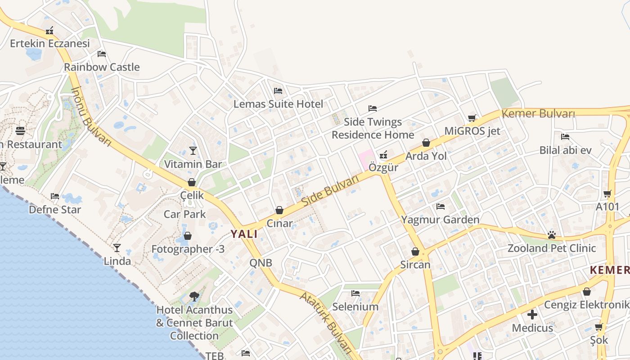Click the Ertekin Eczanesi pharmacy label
(50, 44)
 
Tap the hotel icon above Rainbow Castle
(102, 54)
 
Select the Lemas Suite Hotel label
(278, 104)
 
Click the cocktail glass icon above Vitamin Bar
(193, 150)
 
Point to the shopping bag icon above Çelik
(192, 182)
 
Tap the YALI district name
(244, 234)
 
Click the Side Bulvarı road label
(330, 191)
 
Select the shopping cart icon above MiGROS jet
(472, 118)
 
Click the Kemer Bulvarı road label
(538, 113)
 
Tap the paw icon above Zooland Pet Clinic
(552, 234)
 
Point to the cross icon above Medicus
(532, 314)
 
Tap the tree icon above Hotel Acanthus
(194, 296)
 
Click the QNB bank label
(261, 263)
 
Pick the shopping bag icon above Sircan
(415, 252)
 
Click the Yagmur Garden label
(440, 220)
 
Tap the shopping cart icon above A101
(607, 194)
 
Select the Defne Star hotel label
(55, 210)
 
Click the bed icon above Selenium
(355, 293)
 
